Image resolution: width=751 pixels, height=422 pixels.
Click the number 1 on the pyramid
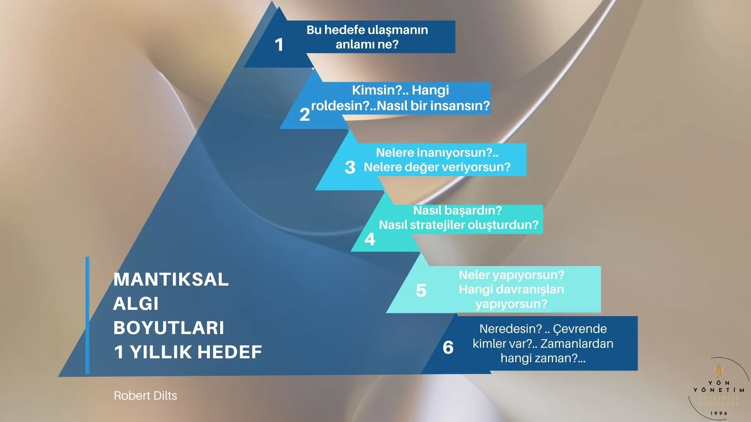click(279, 45)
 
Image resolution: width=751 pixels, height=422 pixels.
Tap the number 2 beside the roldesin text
click(304, 114)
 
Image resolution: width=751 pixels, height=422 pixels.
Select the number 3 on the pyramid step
click(350, 167)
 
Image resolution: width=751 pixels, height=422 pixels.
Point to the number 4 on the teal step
click(370, 239)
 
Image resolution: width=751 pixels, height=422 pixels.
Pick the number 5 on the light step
click(421, 290)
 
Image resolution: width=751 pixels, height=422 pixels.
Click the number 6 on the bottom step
click(448, 347)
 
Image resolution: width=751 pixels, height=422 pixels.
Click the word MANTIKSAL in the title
click(171, 279)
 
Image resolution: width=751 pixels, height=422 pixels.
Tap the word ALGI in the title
click(136, 304)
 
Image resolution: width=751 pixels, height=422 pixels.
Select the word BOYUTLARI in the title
click(169, 328)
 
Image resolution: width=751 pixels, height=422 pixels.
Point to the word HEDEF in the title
click(230, 352)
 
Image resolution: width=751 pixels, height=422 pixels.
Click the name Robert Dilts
click(146, 396)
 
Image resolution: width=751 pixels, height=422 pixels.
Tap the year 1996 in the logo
click(719, 413)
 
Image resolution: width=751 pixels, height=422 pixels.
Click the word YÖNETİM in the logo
click(719, 390)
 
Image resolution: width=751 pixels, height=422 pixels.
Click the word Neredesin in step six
click(510, 329)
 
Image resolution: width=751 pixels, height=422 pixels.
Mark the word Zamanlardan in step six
click(577, 344)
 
